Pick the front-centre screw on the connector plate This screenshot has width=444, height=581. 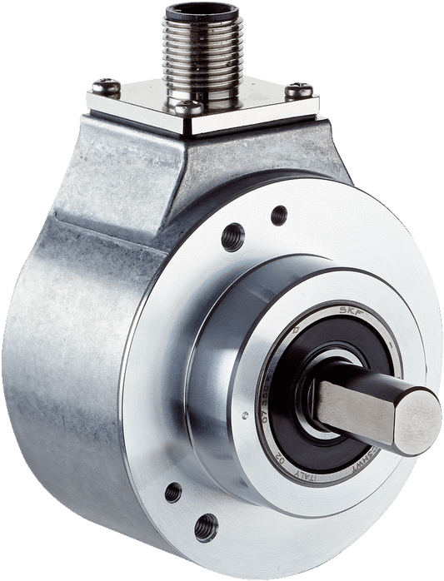pyautogui.click(x=188, y=107)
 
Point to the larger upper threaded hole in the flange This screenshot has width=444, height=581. pyautogui.click(x=232, y=236)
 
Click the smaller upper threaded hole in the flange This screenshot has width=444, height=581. pyautogui.click(x=279, y=214)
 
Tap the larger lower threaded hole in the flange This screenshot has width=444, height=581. pyautogui.click(x=205, y=526)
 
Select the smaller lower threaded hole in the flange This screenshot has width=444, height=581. pyautogui.click(x=173, y=492)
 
